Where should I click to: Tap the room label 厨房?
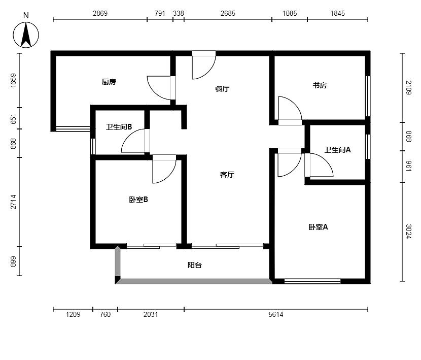109,82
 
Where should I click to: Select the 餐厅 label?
222,89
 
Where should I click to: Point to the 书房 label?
320,85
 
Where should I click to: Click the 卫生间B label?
119,127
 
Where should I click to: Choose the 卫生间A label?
337,150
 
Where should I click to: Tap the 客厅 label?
227,175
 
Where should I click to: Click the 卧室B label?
138,200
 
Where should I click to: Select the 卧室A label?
318,227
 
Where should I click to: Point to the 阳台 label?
195,266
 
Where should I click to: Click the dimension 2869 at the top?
100,13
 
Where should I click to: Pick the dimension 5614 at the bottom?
276,314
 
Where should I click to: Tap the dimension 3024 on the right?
408,232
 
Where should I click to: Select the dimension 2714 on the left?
13,202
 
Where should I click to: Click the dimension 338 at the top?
179,13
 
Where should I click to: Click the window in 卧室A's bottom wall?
312,281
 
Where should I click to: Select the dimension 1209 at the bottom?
73,314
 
